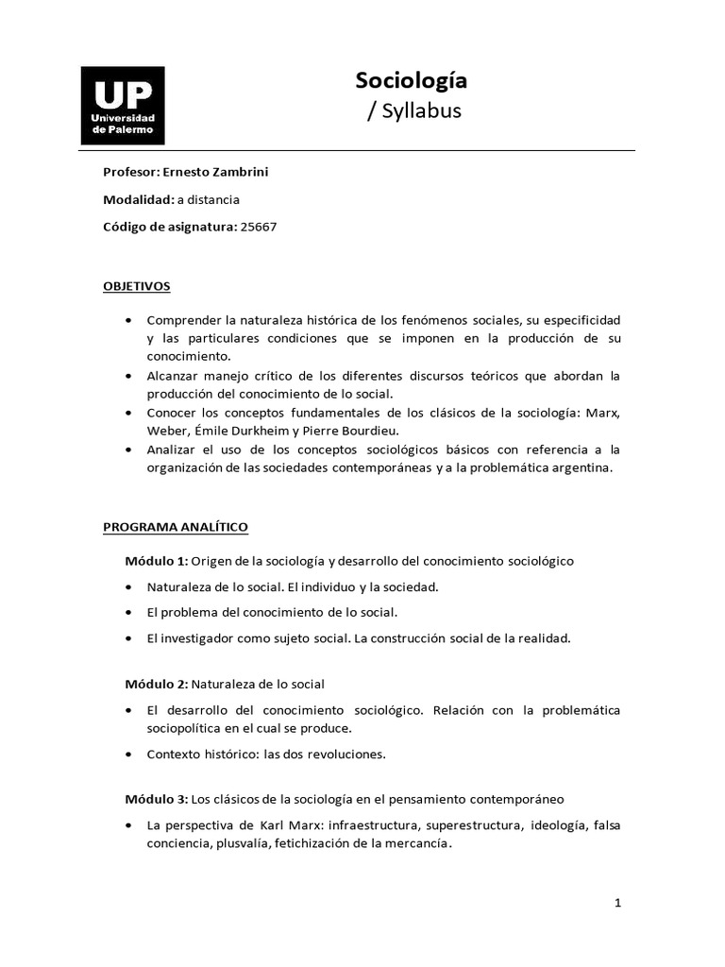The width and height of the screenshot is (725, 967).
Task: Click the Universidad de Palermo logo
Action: (123, 105)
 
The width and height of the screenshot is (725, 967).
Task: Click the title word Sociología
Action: (412, 81)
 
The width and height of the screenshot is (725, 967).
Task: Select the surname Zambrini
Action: (249, 173)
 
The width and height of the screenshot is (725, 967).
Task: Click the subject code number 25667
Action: (260, 227)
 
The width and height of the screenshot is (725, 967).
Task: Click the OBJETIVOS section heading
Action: (137, 285)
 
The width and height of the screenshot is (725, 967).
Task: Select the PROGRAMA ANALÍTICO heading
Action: (176, 526)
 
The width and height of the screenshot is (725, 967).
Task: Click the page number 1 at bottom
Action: (617, 903)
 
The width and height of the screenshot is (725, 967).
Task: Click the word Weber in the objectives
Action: (167, 431)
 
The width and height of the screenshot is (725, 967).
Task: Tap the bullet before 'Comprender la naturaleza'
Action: (127, 321)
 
